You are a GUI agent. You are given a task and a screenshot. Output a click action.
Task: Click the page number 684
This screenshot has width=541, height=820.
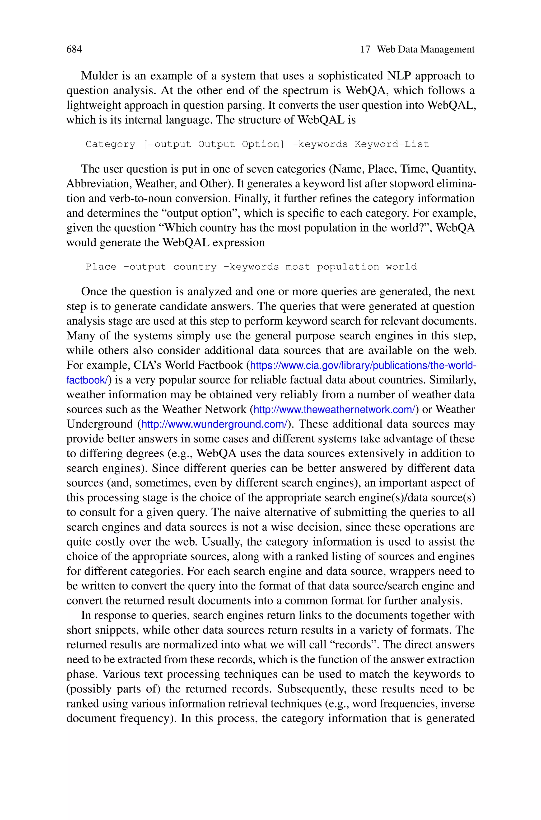click(x=74, y=49)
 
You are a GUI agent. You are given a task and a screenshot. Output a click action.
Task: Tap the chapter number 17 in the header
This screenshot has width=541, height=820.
click(x=365, y=49)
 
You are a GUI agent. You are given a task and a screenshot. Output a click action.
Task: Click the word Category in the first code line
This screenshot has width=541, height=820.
click(x=110, y=144)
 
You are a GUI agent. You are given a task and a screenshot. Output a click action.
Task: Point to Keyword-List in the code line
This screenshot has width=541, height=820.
click(x=391, y=144)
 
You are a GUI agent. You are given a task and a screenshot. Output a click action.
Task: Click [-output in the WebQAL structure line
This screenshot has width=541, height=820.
click(x=167, y=144)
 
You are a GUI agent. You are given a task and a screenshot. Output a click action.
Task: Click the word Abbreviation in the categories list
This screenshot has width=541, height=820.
click(x=98, y=184)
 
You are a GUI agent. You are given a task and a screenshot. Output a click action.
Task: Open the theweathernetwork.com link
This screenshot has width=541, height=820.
click(x=334, y=410)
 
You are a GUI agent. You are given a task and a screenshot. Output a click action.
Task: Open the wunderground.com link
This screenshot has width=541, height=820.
click(x=214, y=424)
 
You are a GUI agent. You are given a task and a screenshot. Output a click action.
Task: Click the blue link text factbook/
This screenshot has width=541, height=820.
click(x=87, y=380)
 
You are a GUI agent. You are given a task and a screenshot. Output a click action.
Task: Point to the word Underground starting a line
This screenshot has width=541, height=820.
click(x=100, y=424)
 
